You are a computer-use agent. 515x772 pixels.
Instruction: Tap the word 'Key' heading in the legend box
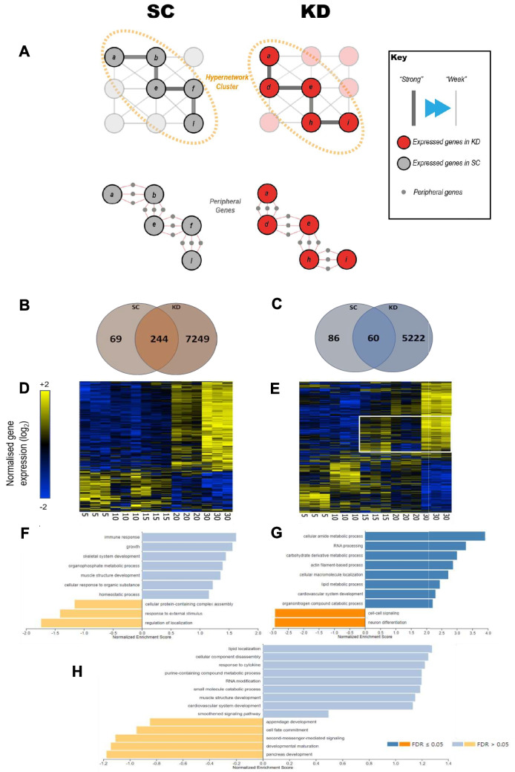click(x=401, y=56)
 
